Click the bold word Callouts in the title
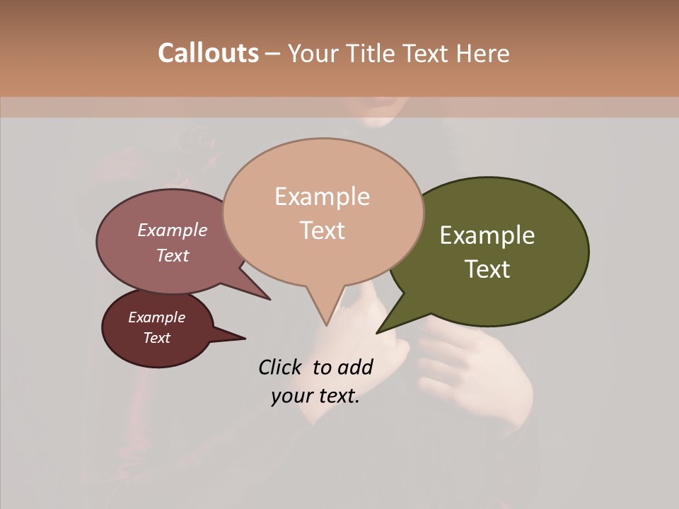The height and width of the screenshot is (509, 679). click(208, 53)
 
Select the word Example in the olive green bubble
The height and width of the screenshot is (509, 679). click(487, 235)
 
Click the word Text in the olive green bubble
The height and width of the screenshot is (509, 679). click(487, 269)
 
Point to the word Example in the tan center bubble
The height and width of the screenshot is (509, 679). click(322, 197)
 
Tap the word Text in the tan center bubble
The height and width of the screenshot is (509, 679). click(322, 230)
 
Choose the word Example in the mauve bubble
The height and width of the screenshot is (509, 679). click(173, 230)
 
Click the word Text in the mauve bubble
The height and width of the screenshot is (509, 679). click(173, 255)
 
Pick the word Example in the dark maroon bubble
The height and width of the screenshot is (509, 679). click(157, 317)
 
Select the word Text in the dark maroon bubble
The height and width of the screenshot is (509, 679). click(157, 338)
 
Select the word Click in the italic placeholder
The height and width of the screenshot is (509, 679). click(281, 367)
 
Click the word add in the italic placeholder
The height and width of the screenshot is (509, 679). click(355, 367)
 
